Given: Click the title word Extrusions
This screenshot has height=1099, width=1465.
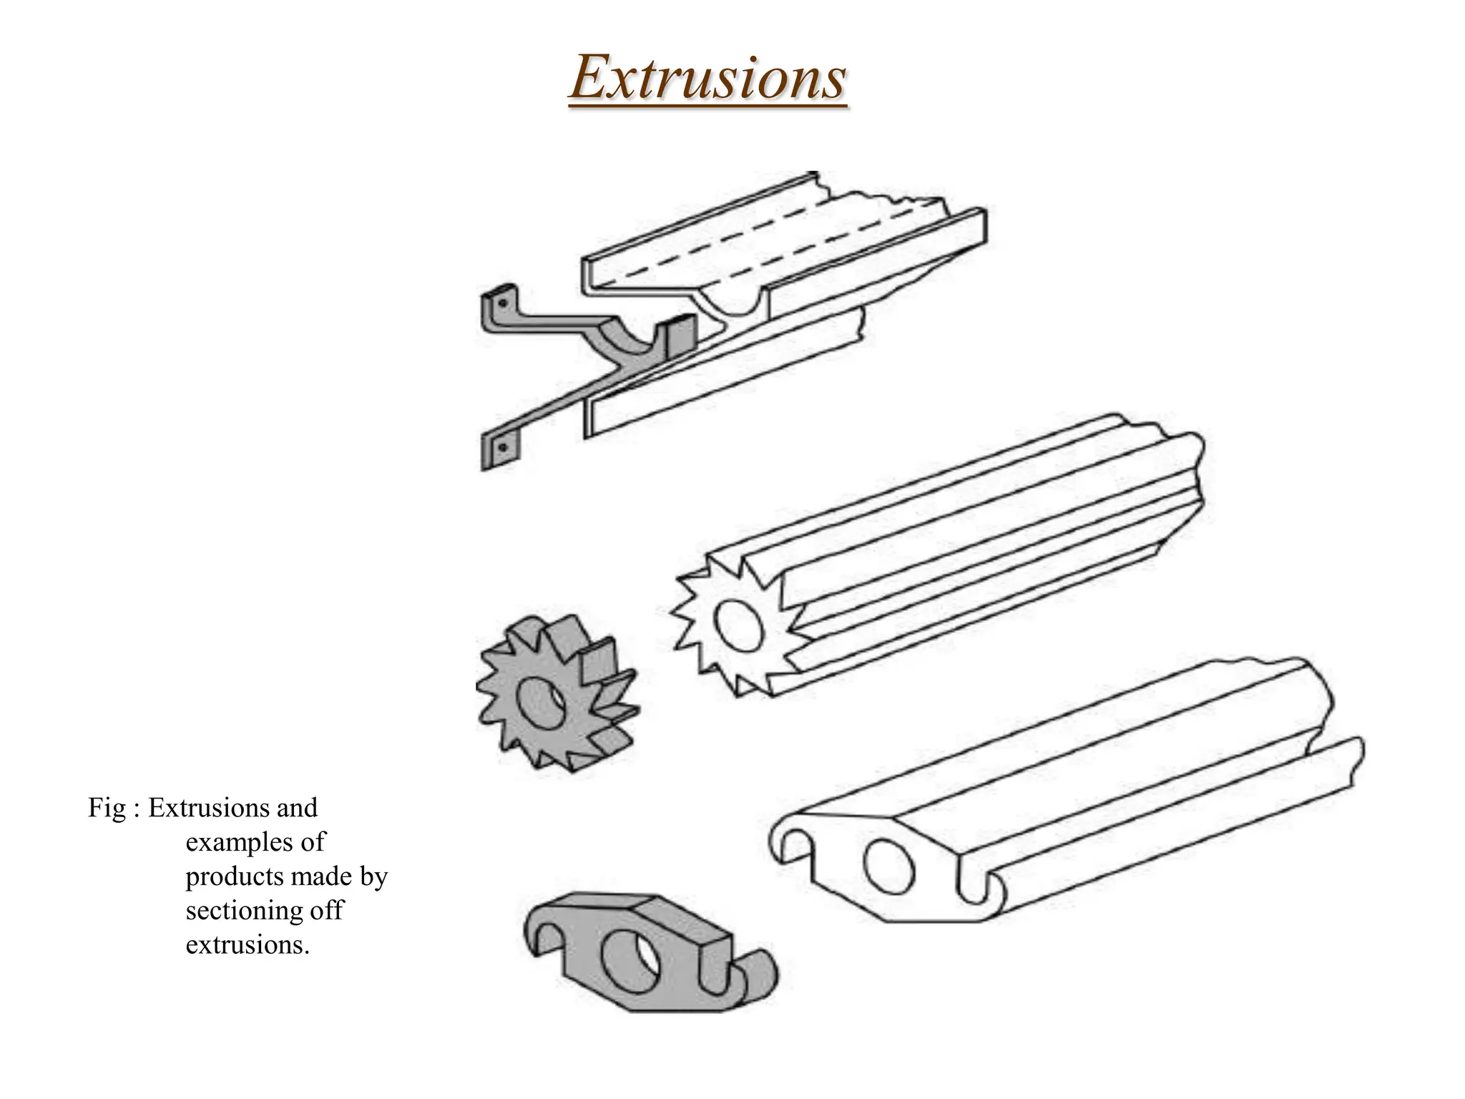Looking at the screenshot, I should coord(707,79).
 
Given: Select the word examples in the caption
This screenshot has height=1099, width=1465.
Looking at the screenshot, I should coord(255,843).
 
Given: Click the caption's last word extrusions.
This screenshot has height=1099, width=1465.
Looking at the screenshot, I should coord(247,946).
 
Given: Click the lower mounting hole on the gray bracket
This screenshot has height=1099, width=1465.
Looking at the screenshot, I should coord(503,448).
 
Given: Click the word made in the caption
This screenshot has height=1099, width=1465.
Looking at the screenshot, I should coord(320,877).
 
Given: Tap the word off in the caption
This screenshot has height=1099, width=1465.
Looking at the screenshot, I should coord(325,912).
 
